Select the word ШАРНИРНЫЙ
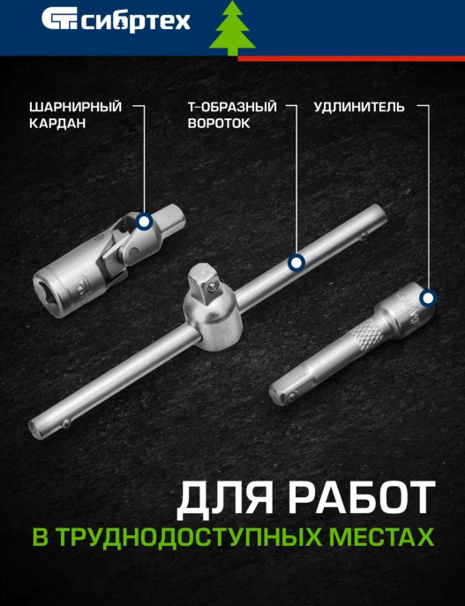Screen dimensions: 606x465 point(75,107)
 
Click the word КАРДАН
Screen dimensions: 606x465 point(57,124)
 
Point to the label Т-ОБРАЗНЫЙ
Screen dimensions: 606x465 point(232,107)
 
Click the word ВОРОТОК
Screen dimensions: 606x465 point(218,124)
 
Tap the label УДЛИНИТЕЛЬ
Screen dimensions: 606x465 point(359,107)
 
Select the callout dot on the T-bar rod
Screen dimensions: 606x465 point(296,261)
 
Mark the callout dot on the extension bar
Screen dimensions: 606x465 point(428,299)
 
